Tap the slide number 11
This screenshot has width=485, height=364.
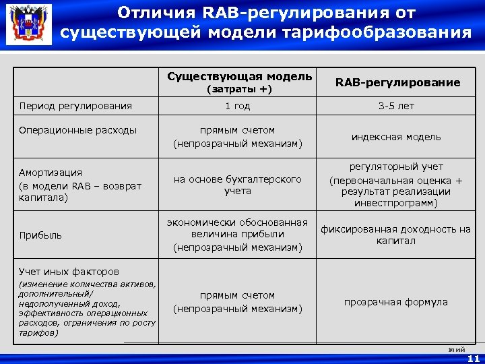[x=474, y=359]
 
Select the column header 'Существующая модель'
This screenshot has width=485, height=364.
[x=239, y=76]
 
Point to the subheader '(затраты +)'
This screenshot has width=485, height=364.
[x=239, y=89]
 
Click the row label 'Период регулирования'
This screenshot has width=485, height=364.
[x=75, y=106]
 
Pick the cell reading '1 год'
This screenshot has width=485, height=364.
[x=237, y=106]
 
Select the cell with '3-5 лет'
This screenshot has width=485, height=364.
[x=396, y=106]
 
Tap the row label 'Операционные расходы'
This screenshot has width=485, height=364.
[x=78, y=130]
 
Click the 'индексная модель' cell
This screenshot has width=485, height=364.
[x=396, y=137]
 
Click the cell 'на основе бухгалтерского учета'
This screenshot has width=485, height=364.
[x=237, y=185]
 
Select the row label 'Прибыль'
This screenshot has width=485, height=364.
[x=40, y=235]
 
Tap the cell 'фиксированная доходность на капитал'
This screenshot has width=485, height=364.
[x=395, y=235]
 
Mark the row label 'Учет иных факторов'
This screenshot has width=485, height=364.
[x=69, y=272]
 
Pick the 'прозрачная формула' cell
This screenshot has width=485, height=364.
[x=396, y=302]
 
